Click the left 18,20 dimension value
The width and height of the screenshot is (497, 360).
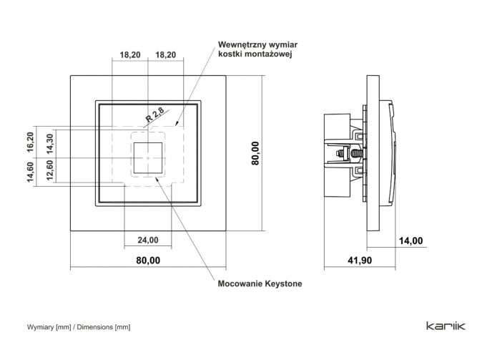(x=129, y=54)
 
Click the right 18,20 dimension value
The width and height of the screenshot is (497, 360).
(x=165, y=54)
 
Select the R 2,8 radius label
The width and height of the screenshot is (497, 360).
(x=154, y=114)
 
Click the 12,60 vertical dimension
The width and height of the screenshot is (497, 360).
(x=50, y=171)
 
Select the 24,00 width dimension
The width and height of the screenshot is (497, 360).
(x=148, y=240)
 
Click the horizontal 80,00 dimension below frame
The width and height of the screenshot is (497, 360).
(x=148, y=261)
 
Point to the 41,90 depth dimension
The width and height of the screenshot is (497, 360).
(x=359, y=261)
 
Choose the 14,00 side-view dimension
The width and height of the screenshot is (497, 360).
(x=410, y=240)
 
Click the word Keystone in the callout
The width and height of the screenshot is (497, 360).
(x=281, y=284)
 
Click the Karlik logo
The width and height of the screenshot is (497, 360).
(x=446, y=327)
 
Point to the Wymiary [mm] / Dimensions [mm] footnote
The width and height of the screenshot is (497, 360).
(x=79, y=327)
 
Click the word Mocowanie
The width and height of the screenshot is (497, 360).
(x=239, y=284)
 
